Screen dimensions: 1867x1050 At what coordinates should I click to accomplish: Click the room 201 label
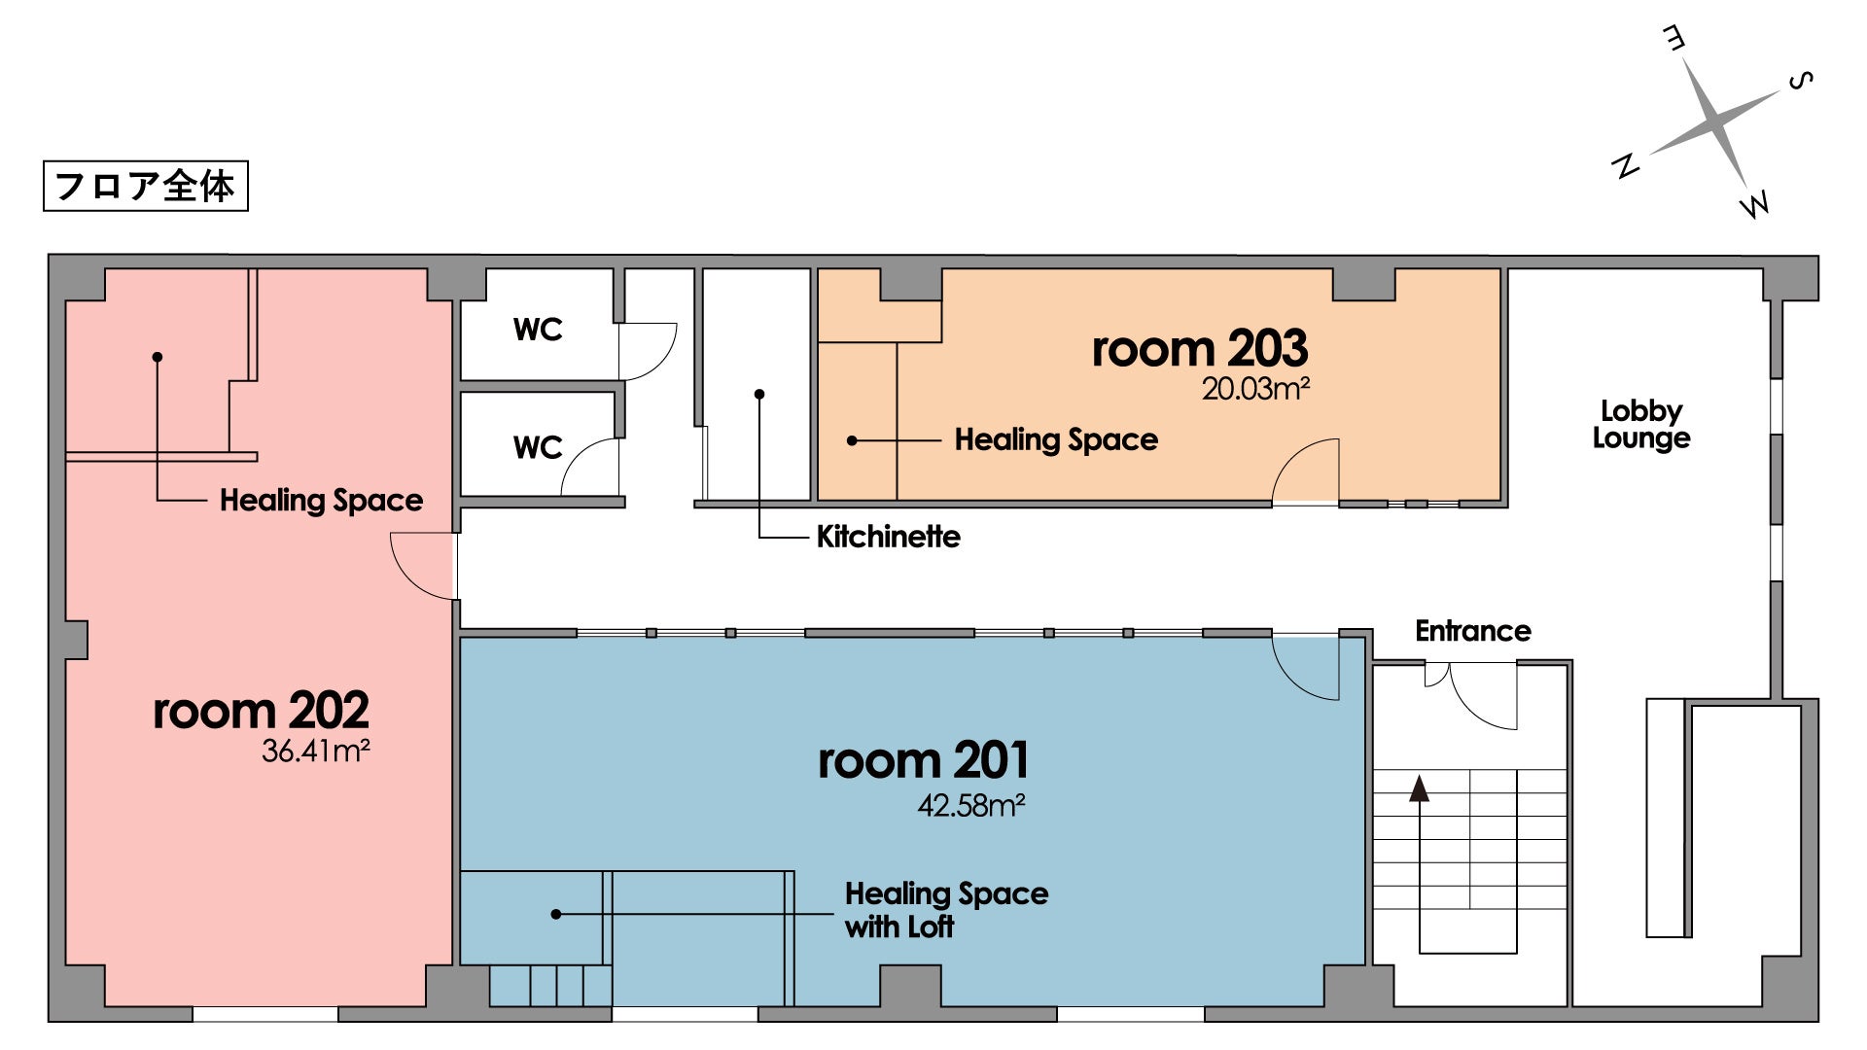pos(923,760)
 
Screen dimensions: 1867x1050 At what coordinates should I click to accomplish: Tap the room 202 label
pos(261,711)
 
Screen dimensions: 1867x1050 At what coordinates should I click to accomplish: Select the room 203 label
pos(1200,348)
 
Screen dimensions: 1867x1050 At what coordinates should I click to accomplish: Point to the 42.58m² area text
pos(971,805)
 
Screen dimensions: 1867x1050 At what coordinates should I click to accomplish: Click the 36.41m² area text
pos(315,751)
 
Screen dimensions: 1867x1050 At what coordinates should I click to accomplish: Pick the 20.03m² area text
pos(1255,388)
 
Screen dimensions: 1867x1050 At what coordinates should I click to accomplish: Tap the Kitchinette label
pos(888,537)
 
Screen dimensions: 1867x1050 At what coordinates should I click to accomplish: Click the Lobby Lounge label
pos(1641,424)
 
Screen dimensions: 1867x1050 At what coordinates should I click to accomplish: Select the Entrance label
pos(1473,631)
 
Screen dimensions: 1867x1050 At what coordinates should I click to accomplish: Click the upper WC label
pos(538,330)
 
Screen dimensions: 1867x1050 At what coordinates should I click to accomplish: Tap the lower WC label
pos(538,447)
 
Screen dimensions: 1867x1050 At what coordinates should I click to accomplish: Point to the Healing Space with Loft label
pos(946,910)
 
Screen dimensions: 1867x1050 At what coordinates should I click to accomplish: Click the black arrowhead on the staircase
pos(1420,787)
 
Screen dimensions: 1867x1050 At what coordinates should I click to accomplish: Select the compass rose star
pos(1715,122)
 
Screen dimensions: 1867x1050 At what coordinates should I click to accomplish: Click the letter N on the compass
pos(1625,165)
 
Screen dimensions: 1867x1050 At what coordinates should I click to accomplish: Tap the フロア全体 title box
pos(146,186)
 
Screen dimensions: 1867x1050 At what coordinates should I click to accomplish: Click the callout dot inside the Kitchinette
pos(759,394)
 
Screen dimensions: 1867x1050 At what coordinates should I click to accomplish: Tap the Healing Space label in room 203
pos(1056,439)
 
